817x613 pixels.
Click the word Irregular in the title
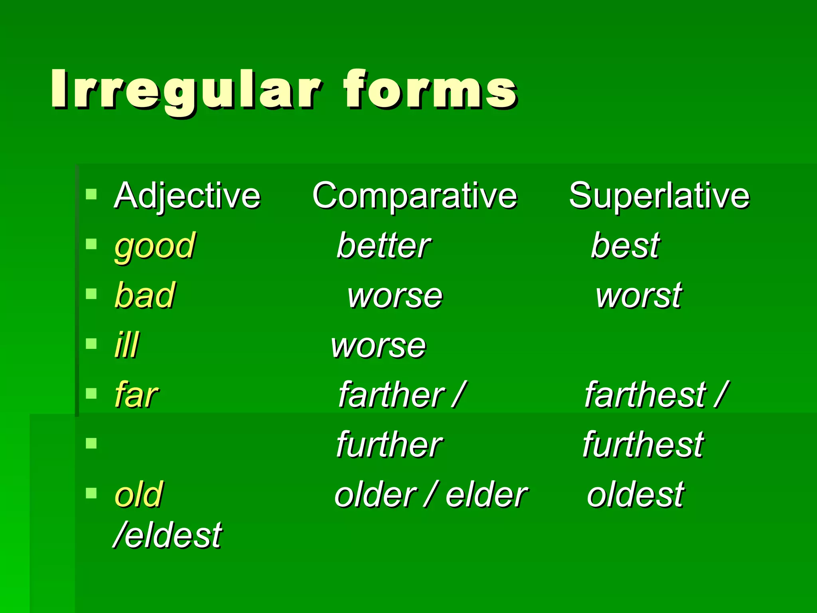coord(186,90)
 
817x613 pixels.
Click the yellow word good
coord(155,246)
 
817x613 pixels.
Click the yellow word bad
coord(145,295)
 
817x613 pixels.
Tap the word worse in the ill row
coord(379,346)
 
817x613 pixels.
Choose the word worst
coord(639,296)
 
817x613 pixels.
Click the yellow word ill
coord(126,345)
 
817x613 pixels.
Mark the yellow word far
coord(136,395)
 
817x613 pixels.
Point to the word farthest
coord(645,395)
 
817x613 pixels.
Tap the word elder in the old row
coord(487,495)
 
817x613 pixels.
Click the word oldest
coord(635,495)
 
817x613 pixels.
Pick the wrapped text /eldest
coord(168,535)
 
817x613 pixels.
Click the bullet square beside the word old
coord(91,494)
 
